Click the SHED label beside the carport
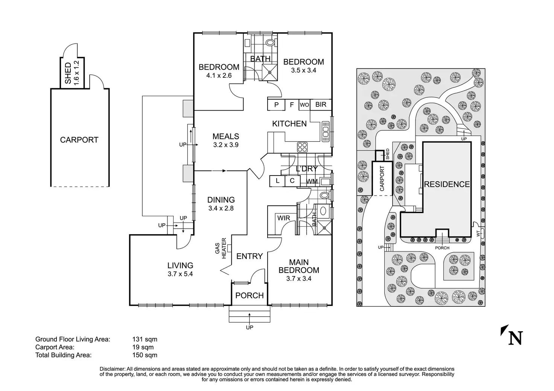pyautogui.click(x=68, y=73)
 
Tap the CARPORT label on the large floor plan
pyautogui.click(x=79, y=140)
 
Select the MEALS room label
pyautogui.click(x=225, y=136)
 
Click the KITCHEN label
pyautogui.click(x=289, y=123)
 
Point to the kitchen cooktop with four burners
pyautogui.click(x=302, y=147)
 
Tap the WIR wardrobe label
pyautogui.click(x=283, y=218)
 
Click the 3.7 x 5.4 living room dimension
pyautogui.click(x=180, y=274)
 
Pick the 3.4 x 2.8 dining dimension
pyautogui.click(x=221, y=208)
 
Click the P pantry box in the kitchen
pyautogui.click(x=277, y=105)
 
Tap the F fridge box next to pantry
pyautogui.click(x=292, y=105)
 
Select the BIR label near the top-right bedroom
pyautogui.click(x=321, y=105)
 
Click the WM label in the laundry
pyautogui.click(x=312, y=182)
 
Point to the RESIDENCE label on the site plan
pyautogui.click(x=447, y=184)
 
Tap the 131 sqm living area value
pyautogui.click(x=143, y=339)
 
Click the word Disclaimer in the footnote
pyautogui.click(x=112, y=369)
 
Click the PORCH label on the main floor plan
pyautogui.click(x=249, y=296)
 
